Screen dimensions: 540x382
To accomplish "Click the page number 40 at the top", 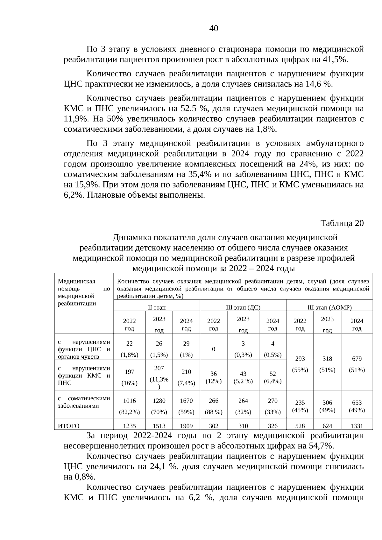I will [x=214, y=29].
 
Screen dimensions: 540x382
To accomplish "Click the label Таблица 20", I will [x=342, y=223].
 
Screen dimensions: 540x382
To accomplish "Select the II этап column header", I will [x=157, y=307].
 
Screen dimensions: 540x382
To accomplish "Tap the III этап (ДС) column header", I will [x=243, y=307].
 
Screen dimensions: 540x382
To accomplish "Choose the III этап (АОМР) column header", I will [x=329, y=307].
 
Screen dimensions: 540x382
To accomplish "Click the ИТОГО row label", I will [x=68, y=426].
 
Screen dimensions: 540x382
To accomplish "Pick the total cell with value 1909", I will [x=186, y=426].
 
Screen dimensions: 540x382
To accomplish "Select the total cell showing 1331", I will [x=357, y=426].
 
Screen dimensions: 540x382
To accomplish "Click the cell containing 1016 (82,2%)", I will [x=129, y=406].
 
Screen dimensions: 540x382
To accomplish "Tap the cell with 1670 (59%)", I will [x=186, y=406].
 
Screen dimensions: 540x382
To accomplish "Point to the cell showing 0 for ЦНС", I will [x=213, y=349].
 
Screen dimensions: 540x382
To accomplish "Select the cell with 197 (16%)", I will [x=129, y=377].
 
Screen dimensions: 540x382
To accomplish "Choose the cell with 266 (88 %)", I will [x=213, y=406].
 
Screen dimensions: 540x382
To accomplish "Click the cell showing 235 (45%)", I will [x=300, y=406].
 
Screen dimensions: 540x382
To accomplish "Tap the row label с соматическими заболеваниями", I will [x=84, y=402].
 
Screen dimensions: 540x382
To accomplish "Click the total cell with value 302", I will [x=213, y=426].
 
